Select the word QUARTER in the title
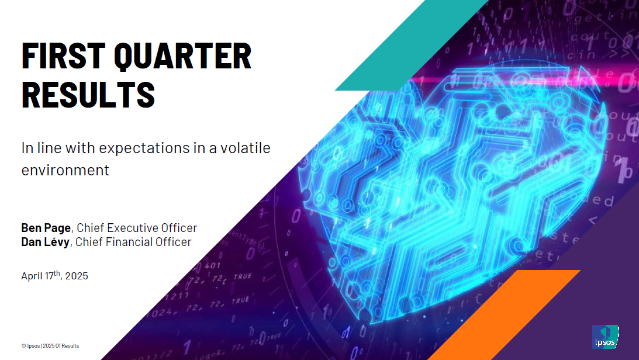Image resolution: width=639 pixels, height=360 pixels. click(x=182, y=57)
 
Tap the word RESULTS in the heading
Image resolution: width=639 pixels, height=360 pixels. click(x=88, y=95)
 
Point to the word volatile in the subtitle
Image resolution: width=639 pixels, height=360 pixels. click(x=246, y=147)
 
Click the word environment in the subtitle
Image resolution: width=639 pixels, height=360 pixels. click(x=65, y=170)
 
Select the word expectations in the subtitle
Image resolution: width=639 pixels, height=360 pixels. click(x=144, y=148)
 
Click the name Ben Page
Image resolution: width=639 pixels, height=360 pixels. click(x=46, y=228)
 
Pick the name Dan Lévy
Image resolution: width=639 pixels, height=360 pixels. click(x=45, y=242)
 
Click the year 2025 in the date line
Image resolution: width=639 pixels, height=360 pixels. click(x=77, y=276)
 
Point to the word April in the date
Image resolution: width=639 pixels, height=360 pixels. click(x=32, y=276)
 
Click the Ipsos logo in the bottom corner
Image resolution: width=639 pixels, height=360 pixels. click(x=605, y=337)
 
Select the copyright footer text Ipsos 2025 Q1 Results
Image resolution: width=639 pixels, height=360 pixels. click(x=50, y=346)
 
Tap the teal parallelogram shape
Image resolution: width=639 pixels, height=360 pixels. click(x=411, y=45)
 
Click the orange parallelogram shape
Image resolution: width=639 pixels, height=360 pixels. click(x=504, y=315)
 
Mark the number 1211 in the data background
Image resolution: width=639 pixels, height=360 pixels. click(x=178, y=295)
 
